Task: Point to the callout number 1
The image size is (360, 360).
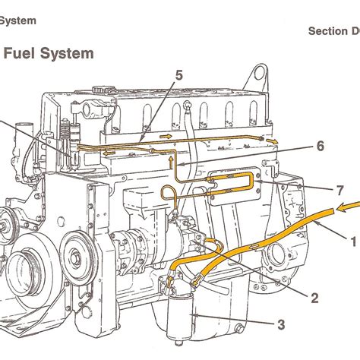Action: click(352, 242)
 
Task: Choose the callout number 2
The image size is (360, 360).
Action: click(313, 297)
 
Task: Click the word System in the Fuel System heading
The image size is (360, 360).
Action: click(71, 53)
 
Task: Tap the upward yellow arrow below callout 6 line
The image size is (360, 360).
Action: click(172, 161)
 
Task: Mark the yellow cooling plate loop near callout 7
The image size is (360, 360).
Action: click(228, 182)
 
